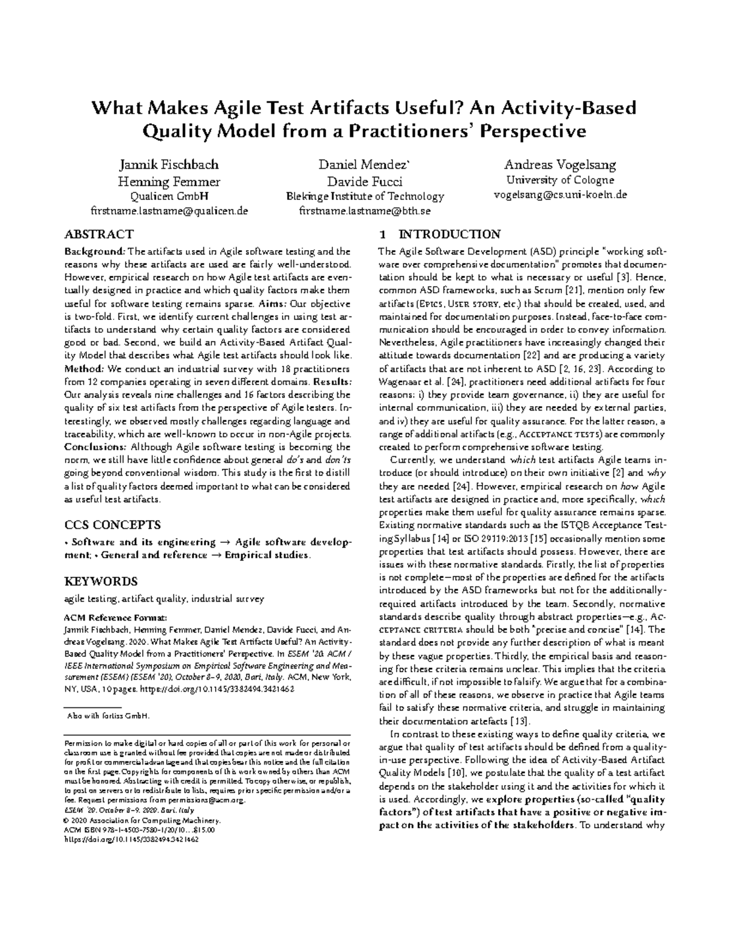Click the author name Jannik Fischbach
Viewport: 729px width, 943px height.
[169, 165]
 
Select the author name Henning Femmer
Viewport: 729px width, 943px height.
[169, 181]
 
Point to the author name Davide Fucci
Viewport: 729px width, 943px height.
[364, 181]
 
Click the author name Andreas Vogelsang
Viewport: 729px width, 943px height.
[560, 165]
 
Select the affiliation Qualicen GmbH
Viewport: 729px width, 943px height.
[169, 196]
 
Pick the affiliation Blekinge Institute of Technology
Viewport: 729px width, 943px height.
[364, 196]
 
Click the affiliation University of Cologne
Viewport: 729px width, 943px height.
[560, 180]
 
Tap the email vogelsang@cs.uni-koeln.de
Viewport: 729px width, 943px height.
[560, 195]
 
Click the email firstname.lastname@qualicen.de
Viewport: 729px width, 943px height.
[169, 211]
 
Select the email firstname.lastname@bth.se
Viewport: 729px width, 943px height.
[364, 211]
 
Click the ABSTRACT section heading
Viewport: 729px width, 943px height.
[99, 234]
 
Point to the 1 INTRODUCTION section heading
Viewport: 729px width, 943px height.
[440, 234]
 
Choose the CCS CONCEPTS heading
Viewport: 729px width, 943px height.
[112, 525]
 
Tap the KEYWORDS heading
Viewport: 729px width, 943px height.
[101, 581]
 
